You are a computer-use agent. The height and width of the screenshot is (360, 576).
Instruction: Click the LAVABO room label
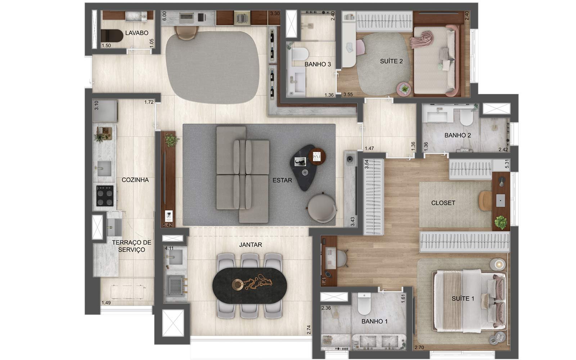[x=136, y=33]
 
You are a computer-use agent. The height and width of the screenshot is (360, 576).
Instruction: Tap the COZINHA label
[x=135, y=180]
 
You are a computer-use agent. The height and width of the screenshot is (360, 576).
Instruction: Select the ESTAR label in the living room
[x=282, y=180]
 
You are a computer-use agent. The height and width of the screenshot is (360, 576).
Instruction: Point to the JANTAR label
[x=251, y=245]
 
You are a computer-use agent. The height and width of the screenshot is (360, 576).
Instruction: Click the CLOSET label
[x=443, y=203]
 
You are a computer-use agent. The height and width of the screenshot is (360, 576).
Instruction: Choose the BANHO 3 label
[x=318, y=64]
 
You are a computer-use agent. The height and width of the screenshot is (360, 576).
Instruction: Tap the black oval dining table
[x=249, y=285]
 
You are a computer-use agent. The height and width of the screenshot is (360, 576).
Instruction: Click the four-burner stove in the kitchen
[x=105, y=196]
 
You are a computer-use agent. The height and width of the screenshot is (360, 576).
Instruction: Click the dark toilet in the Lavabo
[x=112, y=36]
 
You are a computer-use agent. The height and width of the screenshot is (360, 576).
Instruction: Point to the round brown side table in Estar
[x=317, y=156]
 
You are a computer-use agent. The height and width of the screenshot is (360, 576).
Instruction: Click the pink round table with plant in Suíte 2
[x=404, y=89]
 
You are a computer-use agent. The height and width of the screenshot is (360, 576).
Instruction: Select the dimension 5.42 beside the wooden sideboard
[x=167, y=225]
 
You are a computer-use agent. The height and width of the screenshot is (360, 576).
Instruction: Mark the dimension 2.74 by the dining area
[x=309, y=330]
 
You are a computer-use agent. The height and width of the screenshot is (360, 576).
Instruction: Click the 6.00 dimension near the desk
[x=164, y=16]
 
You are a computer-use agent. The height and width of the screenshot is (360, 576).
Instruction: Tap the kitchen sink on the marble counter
[x=104, y=168]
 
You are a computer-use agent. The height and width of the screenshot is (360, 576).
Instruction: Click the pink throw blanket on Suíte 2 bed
[x=421, y=39]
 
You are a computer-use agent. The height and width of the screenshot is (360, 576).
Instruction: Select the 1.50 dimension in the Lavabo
[x=106, y=45]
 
